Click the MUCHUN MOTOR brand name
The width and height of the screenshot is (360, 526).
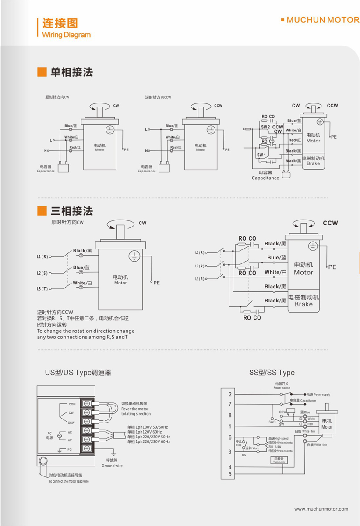[322, 20]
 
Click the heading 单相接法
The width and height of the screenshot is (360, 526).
[72, 72]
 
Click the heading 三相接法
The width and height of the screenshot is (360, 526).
[72, 211]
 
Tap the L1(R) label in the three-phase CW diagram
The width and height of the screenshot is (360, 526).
[42, 256]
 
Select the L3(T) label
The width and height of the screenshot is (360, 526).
[42, 288]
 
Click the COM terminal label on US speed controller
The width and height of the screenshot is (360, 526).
[72, 404]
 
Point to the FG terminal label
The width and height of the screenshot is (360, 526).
[69, 449]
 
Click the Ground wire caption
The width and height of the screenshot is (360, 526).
[112, 466]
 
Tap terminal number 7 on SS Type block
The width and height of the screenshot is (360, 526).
[230, 404]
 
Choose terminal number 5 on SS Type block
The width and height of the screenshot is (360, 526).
[230, 474]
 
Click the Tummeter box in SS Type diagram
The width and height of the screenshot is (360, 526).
[279, 460]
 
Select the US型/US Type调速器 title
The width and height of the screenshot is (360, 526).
[78, 373]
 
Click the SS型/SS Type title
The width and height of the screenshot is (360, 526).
[272, 373]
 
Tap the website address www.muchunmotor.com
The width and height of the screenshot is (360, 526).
[321, 509]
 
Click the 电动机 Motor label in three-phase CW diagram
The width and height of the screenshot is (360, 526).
[120, 280]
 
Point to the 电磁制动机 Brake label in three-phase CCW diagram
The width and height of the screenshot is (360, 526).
[304, 300]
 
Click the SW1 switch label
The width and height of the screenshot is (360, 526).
[261, 155]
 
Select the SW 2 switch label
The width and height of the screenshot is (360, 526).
[265, 127]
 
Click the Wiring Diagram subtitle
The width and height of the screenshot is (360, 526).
[66, 35]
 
